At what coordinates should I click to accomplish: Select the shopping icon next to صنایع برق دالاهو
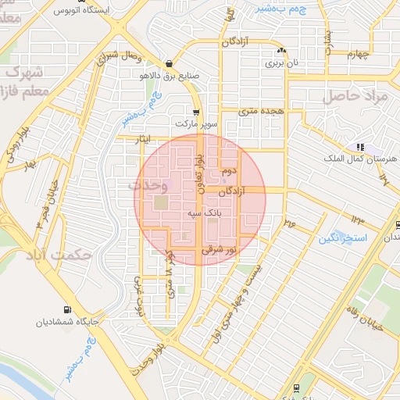tap(170, 64)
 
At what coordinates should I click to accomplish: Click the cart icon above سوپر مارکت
tap(195, 111)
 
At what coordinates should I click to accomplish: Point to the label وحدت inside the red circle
tap(148, 186)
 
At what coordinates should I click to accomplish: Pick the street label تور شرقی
tap(218, 251)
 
